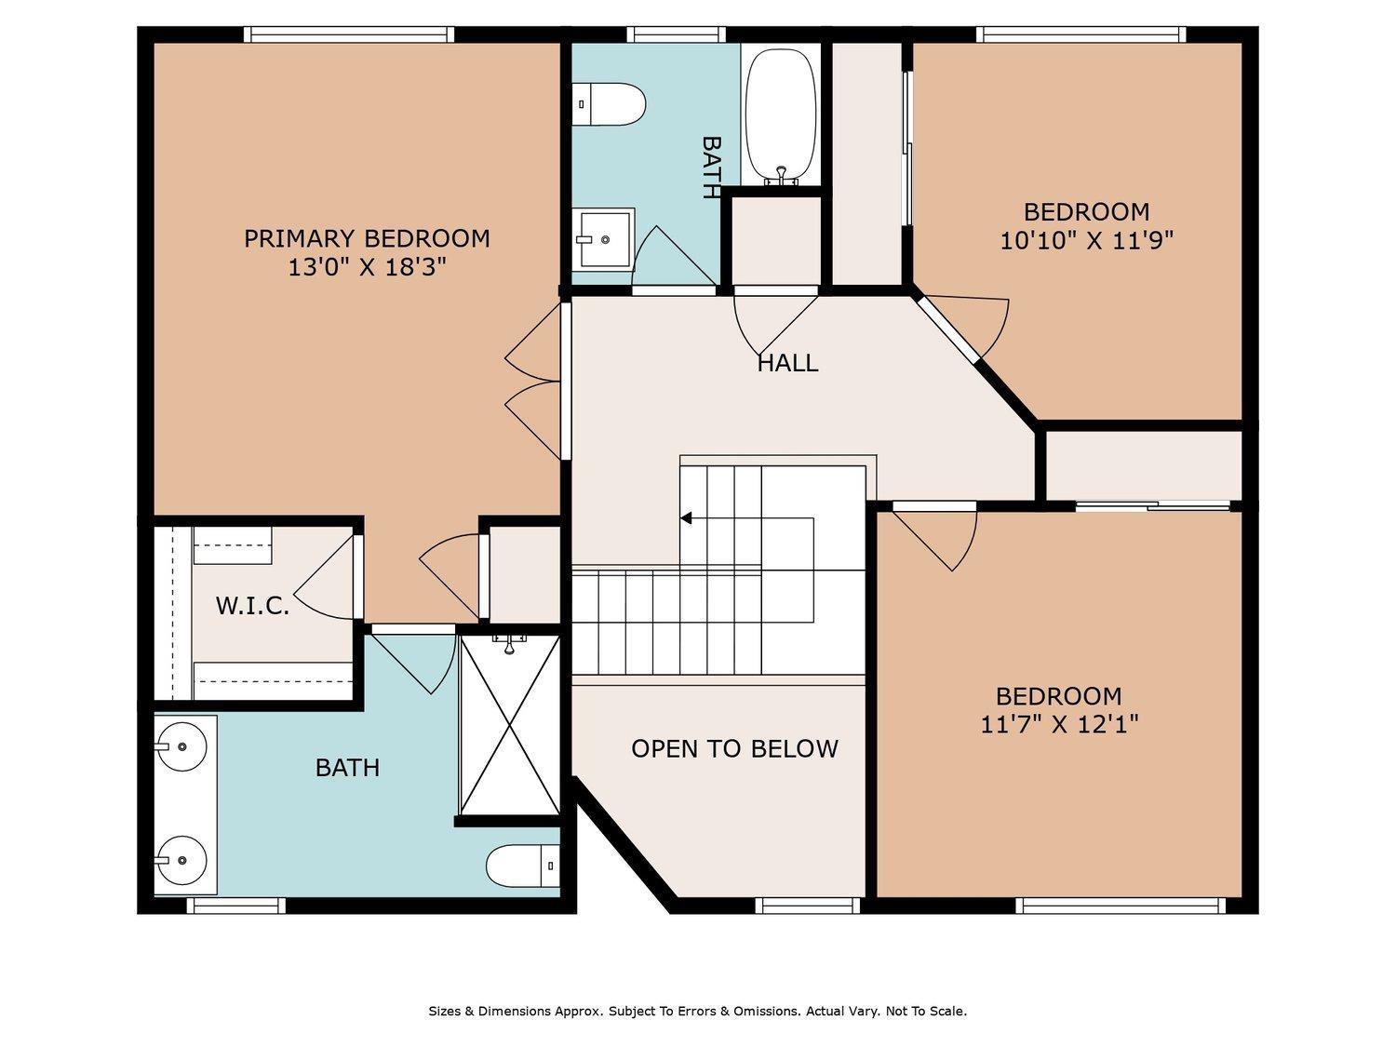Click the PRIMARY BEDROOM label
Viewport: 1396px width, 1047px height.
click(367, 238)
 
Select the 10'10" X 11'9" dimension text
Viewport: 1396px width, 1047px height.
click(1086, 240)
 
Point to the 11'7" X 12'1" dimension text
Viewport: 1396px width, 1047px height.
click(1059, 724)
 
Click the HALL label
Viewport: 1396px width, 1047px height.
click(787, 363)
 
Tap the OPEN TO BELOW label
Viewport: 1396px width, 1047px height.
click(734, 748)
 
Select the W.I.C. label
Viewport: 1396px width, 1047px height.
click(252, 606)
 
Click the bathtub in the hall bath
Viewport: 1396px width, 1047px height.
click(780, 117)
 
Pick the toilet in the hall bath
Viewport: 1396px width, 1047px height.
click(609, 103)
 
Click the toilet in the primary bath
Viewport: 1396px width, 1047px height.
click(523, 866)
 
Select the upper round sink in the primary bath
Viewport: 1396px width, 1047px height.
click(181, 745)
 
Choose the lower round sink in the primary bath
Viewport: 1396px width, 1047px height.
click(181, 859)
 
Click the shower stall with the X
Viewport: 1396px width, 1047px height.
click(509, 725)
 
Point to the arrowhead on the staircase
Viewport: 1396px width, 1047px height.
click(686, 518)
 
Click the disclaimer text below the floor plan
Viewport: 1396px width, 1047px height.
click(698, 1011)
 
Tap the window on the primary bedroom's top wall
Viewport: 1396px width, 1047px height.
click(349, 34)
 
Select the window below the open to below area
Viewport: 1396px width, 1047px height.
click(808, 906)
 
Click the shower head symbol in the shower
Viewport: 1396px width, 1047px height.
click(509, 643)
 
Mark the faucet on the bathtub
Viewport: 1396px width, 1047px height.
click(781, 176)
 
